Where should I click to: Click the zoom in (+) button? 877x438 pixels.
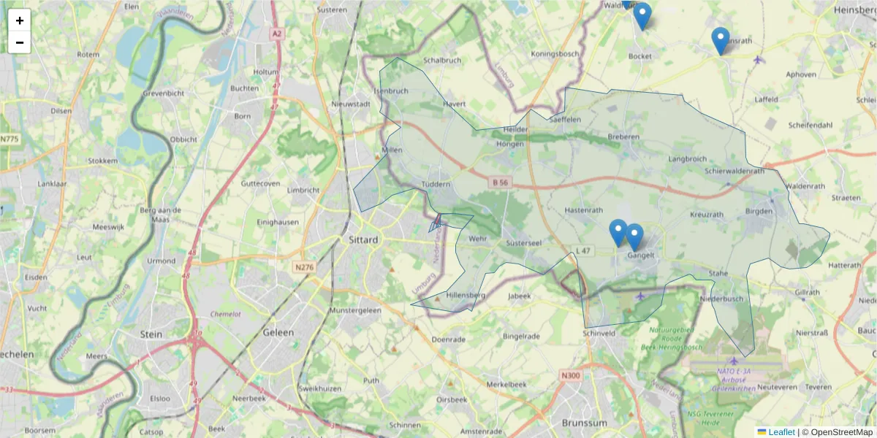point(20,20)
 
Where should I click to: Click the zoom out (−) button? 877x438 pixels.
point(20,42)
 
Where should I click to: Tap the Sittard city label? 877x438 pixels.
point(363,239)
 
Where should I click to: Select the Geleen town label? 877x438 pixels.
point(278,332)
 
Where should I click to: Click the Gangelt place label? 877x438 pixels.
point(640,255)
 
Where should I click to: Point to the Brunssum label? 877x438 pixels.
point(585,423)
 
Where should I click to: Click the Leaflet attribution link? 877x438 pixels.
point(781,432)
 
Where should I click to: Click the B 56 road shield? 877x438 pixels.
point(500,182)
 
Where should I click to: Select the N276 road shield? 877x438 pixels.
point(304,267)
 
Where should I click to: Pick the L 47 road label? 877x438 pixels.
point(582,251)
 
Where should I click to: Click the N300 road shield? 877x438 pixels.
point(570,375)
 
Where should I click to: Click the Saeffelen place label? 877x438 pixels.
point(564,119)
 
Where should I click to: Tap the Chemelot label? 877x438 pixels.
point(225,314)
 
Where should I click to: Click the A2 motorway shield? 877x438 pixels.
point(276,34)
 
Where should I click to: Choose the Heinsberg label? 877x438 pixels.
point(854,9)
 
